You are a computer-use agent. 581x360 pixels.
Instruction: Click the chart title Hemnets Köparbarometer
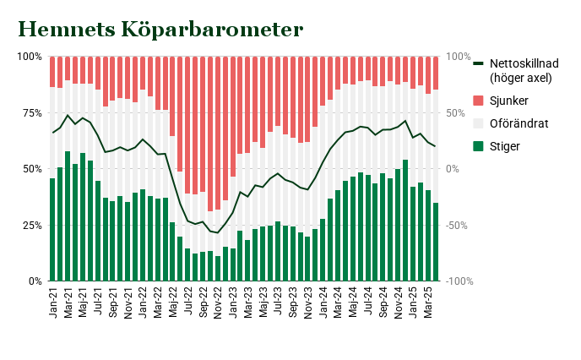160,30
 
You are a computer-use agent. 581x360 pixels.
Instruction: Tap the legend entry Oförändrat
519,124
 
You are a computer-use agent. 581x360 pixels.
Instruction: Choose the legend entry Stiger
505,147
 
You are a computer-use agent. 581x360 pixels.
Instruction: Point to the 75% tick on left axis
30,112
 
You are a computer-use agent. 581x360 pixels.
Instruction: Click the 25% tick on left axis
30,225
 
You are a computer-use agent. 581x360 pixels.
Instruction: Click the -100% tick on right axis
459,281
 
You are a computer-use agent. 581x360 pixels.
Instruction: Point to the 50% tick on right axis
457,112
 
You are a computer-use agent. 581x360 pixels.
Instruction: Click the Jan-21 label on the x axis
52,302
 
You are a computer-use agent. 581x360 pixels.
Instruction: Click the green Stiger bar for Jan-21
52,229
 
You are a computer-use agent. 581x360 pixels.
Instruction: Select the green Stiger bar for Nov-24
405,220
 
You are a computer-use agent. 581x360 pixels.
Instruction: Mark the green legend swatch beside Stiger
479,147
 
